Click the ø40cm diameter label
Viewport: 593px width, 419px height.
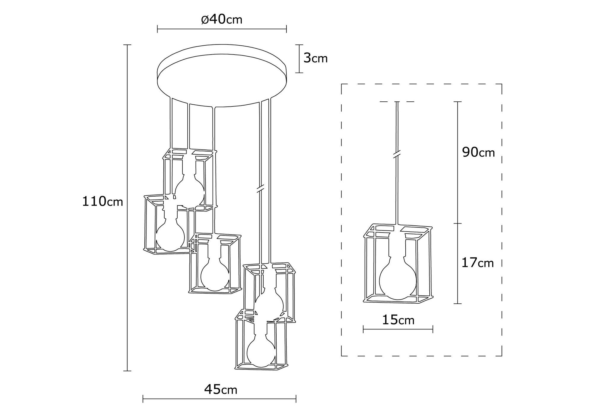click(x=221, y=20)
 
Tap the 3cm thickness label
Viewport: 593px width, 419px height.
click(x=315, y=58)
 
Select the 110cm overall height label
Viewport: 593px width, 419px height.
click(x=102, y=202)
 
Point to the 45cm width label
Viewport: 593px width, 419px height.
click(x=221, y=389)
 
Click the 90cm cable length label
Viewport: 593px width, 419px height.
click(x=478, y=152)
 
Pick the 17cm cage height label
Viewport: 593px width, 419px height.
click(x=477, y=263)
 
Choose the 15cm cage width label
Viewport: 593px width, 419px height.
click(x=398, y=320)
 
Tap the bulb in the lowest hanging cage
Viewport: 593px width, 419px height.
click(x=261, y=353)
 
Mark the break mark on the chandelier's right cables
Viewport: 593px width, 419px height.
click(x=260, y=189)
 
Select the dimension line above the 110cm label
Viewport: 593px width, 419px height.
click(x=127, y=119)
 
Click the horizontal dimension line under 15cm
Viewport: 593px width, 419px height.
click(x=398, y=329)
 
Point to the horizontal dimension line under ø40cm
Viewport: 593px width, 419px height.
click(x=221, y=29)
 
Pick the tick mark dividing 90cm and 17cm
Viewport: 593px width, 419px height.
click(x=458, y=223)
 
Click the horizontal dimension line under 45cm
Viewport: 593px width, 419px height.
click(x=219, y=399)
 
